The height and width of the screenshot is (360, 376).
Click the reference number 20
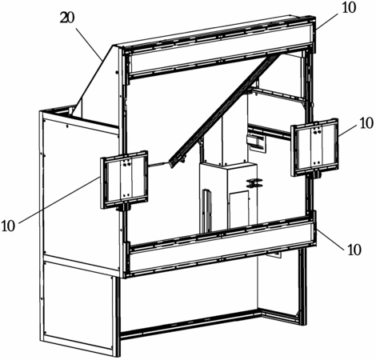click(67, 18)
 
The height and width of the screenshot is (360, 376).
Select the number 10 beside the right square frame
click(366, 123)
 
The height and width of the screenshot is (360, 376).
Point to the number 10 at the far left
click(8, 226)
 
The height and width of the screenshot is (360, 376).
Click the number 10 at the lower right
click(354, 250)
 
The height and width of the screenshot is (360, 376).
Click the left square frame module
click(124, 179)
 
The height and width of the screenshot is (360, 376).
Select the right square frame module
click(315, 147)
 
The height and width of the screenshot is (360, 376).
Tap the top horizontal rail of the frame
click(220, 48)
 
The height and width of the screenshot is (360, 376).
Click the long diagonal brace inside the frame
click(226, 110)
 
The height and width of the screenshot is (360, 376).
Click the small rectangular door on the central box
click(239, 207)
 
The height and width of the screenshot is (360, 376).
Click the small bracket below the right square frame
click(317, 174)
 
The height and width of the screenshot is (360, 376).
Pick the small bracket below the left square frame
click(124, 207)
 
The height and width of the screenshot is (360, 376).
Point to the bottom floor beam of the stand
click(190, 326)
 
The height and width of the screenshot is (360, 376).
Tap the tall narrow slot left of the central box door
click(207, 210)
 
